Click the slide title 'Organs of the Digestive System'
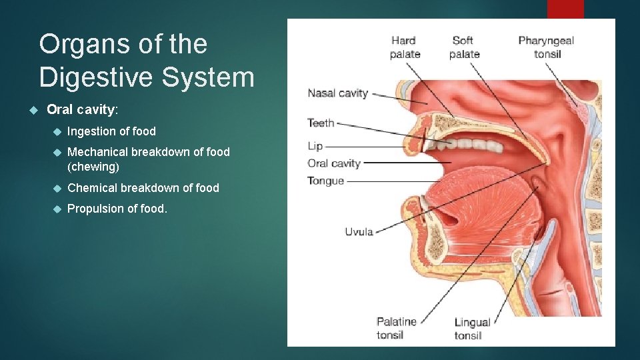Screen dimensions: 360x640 pos(147,61)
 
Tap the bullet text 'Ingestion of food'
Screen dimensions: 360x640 pos(111,131)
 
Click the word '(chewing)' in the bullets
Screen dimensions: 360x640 pos(93,167)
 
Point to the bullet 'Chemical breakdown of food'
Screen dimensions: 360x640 pos(143,188)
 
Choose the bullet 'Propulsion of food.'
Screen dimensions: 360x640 pos(117,209)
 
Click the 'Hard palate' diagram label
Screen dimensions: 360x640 pos(405,47)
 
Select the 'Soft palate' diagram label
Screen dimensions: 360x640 pos(464,47)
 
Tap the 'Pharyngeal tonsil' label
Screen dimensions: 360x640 pos(546,47)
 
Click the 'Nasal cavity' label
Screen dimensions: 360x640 pos(337,93)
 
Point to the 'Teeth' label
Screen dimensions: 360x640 pos(321,123)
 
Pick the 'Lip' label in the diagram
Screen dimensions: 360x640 pos(315,146)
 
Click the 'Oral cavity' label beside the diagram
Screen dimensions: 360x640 pos(333,163)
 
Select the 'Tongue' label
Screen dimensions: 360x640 pos(325,181)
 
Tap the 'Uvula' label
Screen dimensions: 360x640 pos(359,232)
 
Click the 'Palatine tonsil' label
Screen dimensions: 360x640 pos(396,328)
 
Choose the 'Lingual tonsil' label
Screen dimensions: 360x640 pos(472,329)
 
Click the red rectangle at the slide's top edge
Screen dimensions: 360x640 pos(565,9)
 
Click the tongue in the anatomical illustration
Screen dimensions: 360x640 pos(467,200)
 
